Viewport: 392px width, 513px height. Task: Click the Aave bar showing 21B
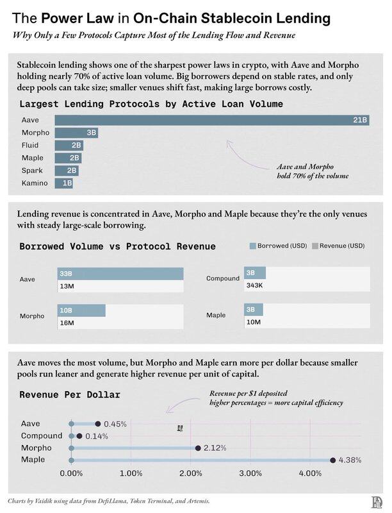211,120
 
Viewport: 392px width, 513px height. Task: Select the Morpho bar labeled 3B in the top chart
76,133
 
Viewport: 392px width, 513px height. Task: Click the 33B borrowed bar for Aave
120,274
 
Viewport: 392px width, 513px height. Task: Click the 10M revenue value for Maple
253,321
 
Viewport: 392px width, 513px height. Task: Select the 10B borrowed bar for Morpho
82,310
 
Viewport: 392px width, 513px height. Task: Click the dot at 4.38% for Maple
333,460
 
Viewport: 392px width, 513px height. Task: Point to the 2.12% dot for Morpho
199,448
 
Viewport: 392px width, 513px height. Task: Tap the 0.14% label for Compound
96,436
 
